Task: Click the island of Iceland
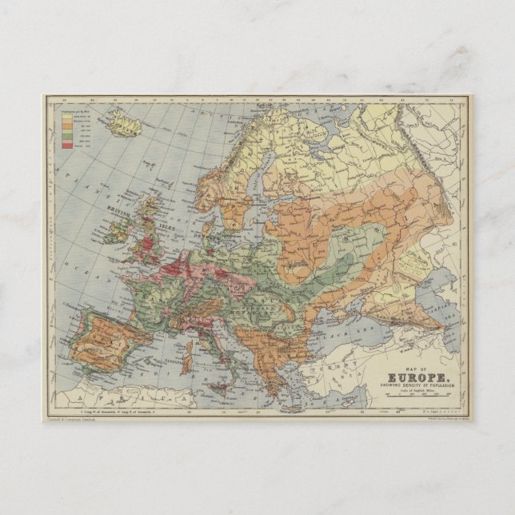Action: pyautogui.click(x=124, y=124)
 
